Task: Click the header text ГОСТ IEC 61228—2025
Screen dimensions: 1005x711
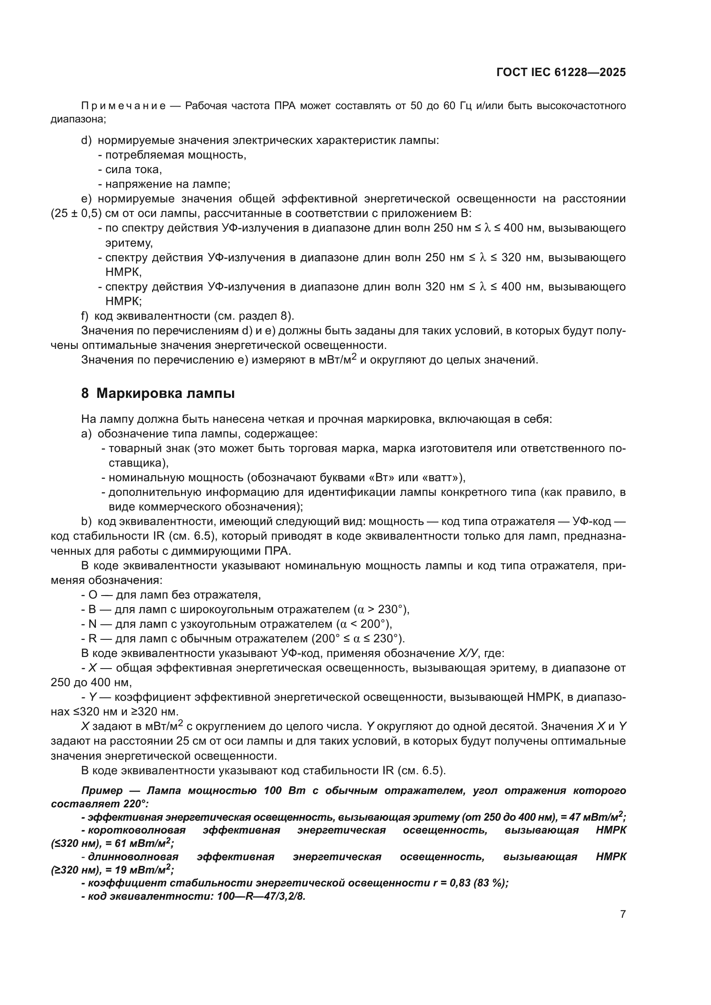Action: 561,72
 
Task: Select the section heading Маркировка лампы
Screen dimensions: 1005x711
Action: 165,394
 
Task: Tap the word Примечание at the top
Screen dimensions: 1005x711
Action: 123,106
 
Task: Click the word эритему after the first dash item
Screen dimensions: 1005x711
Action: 129,243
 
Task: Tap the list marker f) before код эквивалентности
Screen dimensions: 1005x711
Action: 85,316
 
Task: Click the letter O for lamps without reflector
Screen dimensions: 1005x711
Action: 92,595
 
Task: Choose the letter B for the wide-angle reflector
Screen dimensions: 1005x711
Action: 92,609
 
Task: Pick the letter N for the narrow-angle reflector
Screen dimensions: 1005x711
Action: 92,624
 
